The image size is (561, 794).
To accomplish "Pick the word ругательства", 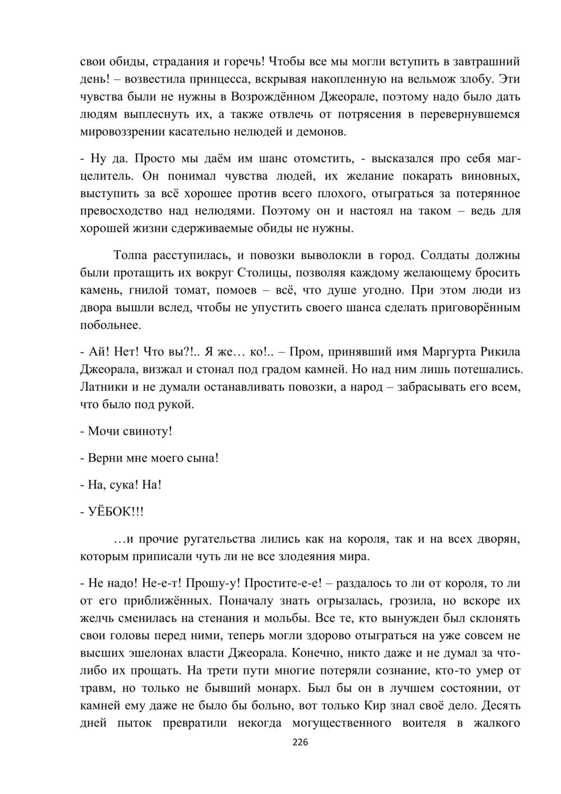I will tap(221, 540).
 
